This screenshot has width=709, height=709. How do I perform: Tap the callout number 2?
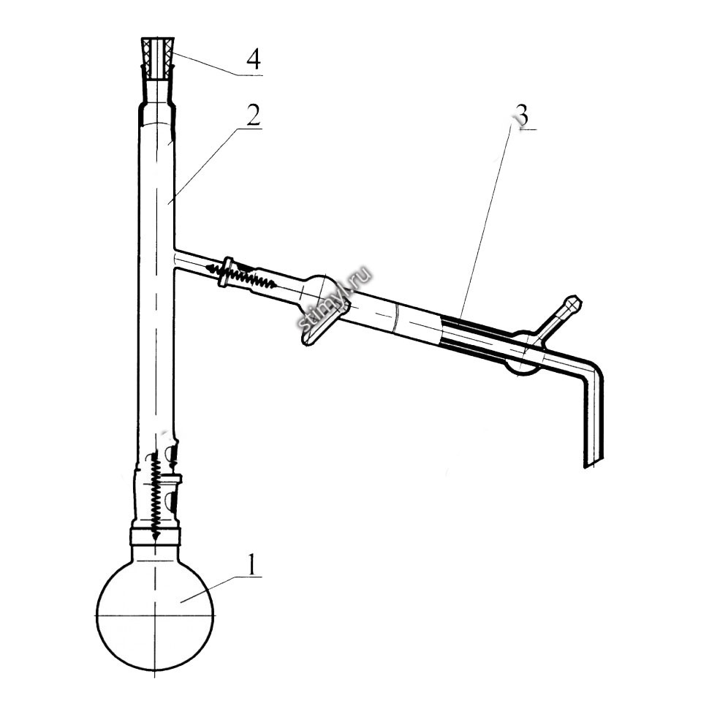pos(253,115)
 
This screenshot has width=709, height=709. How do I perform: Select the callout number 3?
pos(521,116)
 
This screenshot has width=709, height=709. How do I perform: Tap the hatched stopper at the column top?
pos(159,59)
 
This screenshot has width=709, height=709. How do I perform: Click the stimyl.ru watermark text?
pos(335,298)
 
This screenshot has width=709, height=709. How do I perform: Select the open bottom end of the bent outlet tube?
pos(594,464)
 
